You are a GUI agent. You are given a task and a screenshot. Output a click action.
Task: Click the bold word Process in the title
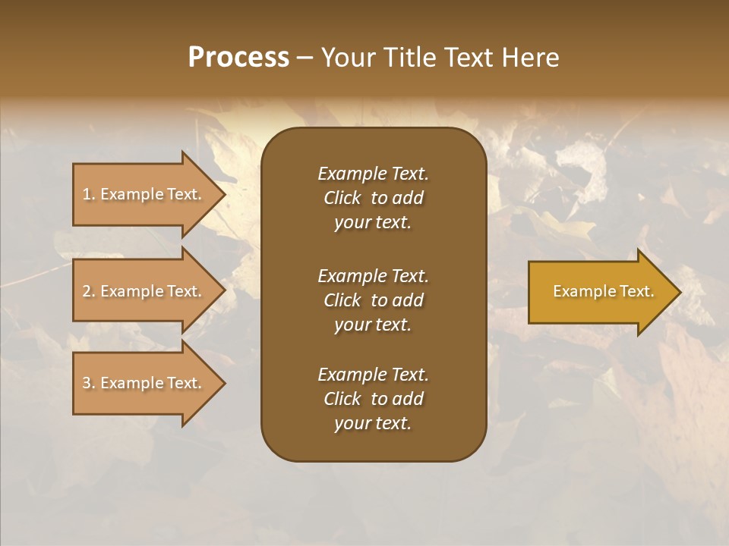238,58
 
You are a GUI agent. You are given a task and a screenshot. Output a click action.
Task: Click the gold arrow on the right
600,292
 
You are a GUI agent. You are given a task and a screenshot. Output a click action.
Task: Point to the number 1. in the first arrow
89,194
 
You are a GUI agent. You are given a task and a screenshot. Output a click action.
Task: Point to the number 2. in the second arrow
89,291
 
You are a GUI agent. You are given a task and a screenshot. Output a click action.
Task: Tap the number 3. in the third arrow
89,383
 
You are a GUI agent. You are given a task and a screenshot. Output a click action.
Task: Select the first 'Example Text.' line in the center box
373,174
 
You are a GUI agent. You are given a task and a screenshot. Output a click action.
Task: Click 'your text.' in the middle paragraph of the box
373,325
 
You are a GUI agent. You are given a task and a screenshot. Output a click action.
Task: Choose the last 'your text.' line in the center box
373,424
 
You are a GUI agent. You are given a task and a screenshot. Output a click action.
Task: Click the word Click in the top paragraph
342,198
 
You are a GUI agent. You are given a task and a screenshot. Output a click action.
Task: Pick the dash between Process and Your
305,58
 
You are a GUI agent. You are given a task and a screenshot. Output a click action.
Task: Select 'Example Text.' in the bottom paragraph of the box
373,375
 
